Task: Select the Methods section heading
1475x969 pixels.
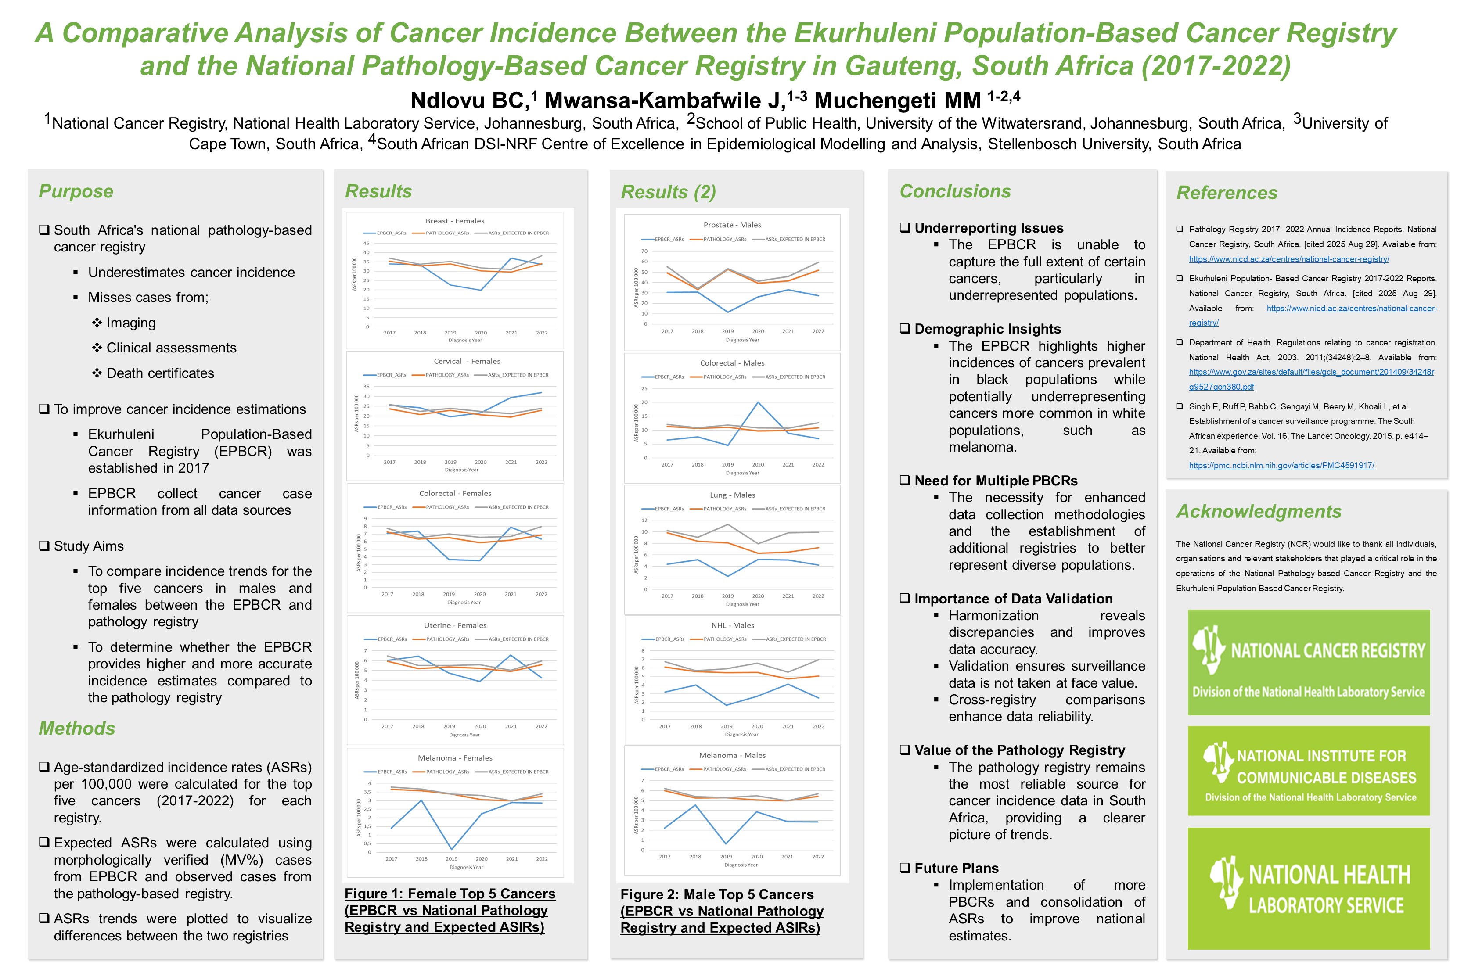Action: click(x=77, y=728)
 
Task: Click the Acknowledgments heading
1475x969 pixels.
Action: click(x=1258, y=511)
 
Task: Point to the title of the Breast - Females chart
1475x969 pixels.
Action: click(x=454, y=221)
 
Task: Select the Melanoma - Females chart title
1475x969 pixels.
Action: click(x=454, y=758)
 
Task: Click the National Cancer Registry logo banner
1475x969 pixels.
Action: click(x=1308, y=662)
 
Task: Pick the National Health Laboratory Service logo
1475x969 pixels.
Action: click(x=1308, y=888)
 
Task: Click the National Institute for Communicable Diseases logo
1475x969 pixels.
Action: click(x=1308, y=771)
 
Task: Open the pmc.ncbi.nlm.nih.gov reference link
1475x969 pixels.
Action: click(x=1281, y=465)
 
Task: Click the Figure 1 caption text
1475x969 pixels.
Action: click(x=450, y=910)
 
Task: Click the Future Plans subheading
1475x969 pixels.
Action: click(x=956, y=868)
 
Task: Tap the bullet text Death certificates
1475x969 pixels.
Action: click(x=160, y=373)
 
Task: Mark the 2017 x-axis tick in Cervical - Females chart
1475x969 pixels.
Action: click(x=389, y=462)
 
